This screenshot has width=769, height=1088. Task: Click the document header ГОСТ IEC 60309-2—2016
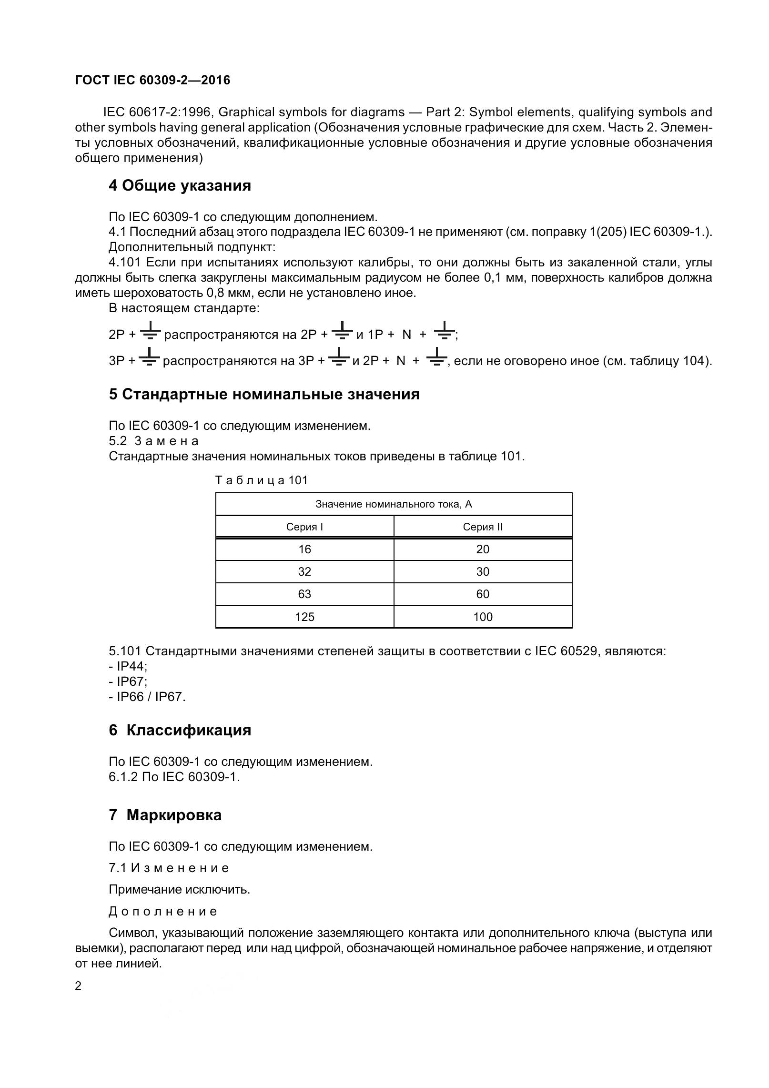(152, 80)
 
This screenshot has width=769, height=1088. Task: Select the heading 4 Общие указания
(180, 185)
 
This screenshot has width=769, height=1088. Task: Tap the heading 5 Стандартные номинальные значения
(264, 394)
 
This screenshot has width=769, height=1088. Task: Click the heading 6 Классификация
(180, 730)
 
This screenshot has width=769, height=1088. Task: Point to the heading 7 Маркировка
(165, 815)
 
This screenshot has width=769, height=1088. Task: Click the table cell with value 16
(304, 549)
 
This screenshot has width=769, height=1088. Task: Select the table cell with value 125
(304, 617)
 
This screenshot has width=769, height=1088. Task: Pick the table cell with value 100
(482, 617)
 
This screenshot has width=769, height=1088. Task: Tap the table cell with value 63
(304, 594)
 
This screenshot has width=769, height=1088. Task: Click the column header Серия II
(482, 527)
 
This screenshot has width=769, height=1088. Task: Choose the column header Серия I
(304, 527)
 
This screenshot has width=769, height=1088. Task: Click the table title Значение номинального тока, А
(394, 504)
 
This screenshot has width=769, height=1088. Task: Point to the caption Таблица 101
(262, 480)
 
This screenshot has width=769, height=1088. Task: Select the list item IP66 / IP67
(150, 697)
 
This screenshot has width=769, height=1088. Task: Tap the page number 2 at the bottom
(79, 986)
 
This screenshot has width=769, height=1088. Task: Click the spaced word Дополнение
(163, 912)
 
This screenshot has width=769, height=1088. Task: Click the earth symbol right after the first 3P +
(150, 357)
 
